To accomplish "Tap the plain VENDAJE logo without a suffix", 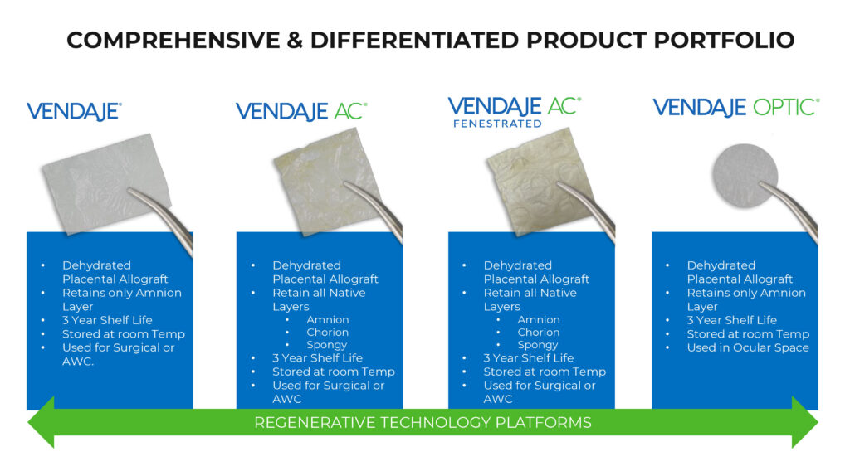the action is point(74,112).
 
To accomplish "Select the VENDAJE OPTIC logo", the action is point(736,107).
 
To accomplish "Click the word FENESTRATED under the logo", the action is point(497,124).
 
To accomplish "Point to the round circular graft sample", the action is point(745,177).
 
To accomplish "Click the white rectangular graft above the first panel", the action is point(106,183).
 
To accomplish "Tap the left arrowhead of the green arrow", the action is point(42,422).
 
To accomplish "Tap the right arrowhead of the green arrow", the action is point(804,422).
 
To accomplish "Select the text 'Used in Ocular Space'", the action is point(748,347).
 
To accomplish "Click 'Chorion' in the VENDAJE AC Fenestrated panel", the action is point(538,332).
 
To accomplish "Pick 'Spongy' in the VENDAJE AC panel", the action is point(326,345).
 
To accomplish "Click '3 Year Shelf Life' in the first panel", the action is point(107,320).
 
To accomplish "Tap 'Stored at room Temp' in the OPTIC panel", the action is point(748,334).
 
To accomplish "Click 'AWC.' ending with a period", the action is point(78,362).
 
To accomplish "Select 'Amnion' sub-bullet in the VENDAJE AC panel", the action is point(327,319).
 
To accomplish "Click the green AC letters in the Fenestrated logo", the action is point(564,106).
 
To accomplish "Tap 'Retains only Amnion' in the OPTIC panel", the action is point(746,293).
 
